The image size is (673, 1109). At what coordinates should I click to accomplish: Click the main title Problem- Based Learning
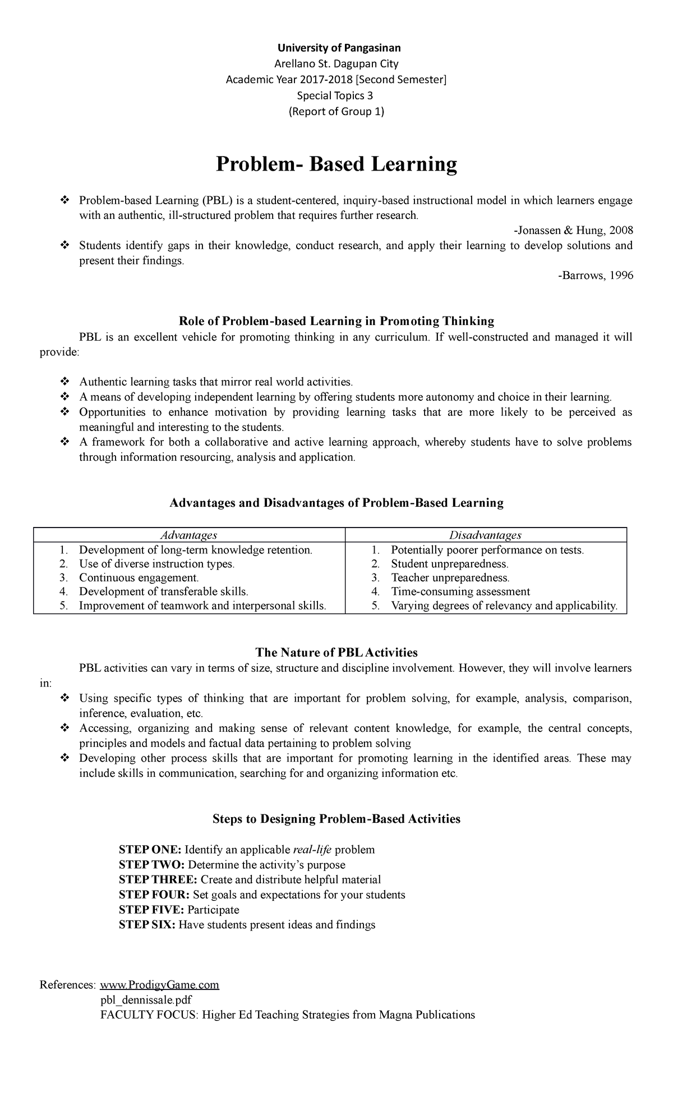tap(336, 164)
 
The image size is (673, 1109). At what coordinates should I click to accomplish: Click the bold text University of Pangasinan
tap(336, 48)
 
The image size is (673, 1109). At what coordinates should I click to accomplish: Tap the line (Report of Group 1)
tap(336, 112)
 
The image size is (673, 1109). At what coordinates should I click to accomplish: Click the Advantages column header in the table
tap(189, 535)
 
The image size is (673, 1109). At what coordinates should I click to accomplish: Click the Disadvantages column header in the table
tap(486, 535)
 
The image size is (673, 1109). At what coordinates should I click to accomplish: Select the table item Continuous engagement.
tap(139, 578)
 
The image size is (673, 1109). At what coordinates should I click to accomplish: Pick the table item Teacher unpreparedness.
tap(450, 578)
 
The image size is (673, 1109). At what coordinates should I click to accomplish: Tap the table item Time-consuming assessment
tap(460, 592)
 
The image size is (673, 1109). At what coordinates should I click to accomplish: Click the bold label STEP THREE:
tap(158, 879)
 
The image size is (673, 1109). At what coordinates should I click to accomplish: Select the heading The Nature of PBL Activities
tap(336, 653)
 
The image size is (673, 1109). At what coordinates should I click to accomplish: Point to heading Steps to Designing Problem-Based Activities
tap(336, 819)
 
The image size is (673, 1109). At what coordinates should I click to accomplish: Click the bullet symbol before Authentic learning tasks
tap(64, 382)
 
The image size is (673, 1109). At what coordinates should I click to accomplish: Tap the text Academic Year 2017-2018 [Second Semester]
tap(336, 80)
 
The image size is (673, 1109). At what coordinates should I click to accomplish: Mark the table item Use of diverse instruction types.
tap(157, 563)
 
